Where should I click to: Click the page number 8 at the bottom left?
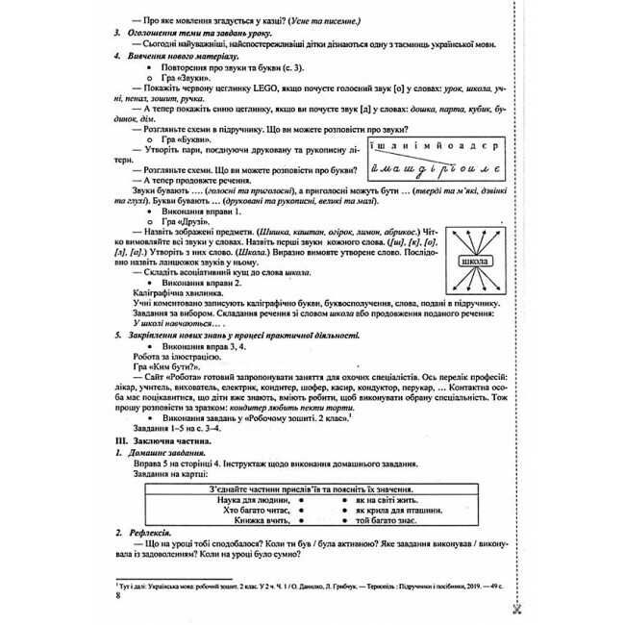click(x=116, y=597)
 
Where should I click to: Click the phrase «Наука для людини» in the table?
click(x=241, y=500)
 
